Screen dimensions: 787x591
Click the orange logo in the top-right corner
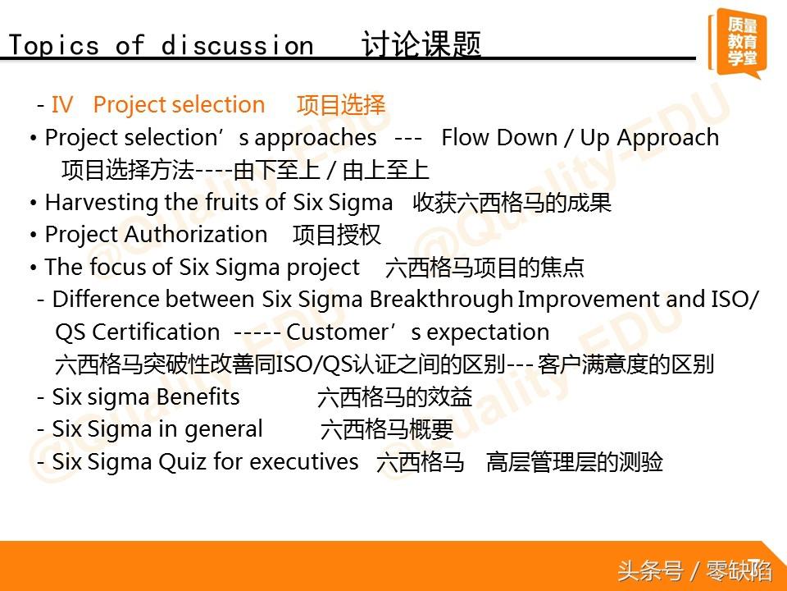[737, 44]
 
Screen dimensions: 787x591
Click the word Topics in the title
[54, 46]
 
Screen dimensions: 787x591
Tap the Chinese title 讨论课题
[421, 44]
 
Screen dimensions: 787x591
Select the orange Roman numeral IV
[62, 104]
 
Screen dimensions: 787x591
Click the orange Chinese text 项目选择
[341, 105]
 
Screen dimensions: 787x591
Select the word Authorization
[196, 234]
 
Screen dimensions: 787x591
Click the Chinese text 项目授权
[337, 236]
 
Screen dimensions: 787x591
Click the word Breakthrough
[441, 300]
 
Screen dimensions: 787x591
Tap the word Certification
[156, 332]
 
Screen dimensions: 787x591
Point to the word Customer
[337, 332]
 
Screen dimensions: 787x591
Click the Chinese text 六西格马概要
[386, 429]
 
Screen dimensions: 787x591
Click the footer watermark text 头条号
[650, 571]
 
